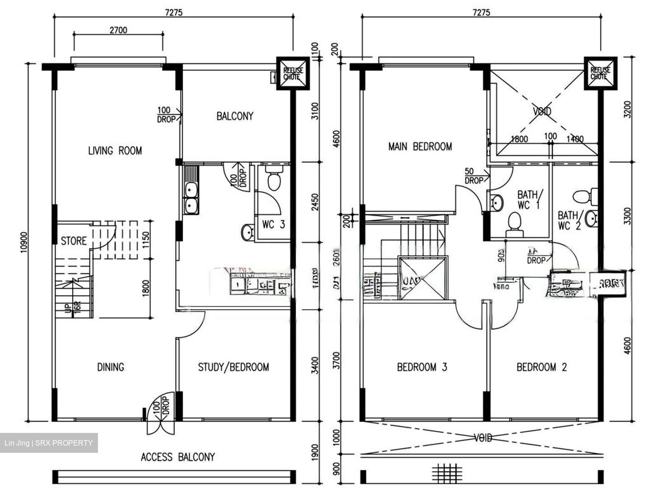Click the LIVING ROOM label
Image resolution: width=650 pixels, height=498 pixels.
[x=115, y=150]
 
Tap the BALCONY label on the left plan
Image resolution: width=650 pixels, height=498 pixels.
[x=235, y=116]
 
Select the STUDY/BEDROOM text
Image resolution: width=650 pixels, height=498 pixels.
[x=233, y=367]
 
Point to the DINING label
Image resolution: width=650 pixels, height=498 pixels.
[x=111, y=367]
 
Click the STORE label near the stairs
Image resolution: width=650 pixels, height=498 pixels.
[x=74, y=240]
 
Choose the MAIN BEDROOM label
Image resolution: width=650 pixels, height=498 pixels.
[x=420, y=146]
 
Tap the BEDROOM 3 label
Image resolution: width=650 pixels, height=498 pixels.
[x=422, y=367]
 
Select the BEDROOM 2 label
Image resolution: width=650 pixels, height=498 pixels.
[x=541, y=367]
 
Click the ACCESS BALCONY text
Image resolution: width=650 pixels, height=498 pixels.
[x=177, y=457]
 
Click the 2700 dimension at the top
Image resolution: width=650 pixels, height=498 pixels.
[x=118, y=30]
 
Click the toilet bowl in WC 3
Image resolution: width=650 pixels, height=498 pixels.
[x=274, y=180]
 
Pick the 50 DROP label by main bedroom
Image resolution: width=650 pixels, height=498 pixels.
[x=474, y=176]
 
